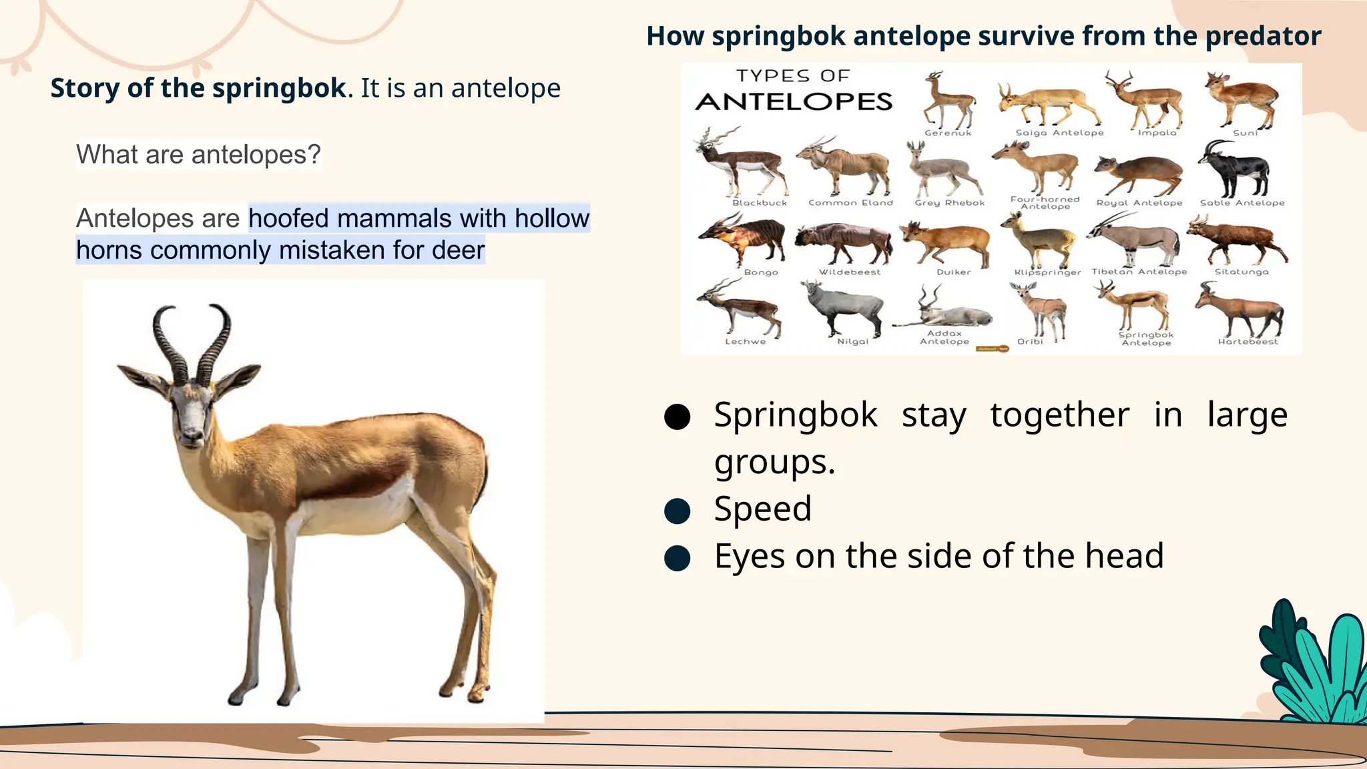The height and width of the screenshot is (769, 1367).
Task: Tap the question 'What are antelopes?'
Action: tap(198, 154)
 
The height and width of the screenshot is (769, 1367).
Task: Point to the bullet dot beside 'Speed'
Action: tap(677, 511)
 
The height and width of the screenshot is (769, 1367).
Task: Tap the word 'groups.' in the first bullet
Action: tap(774, 462)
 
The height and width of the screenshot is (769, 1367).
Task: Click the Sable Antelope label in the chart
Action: tap(1242, 203)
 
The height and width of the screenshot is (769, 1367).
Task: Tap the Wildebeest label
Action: tap(850, 272)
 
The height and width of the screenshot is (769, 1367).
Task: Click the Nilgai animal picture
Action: tap(844, 307)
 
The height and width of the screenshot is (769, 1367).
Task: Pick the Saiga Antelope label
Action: tap(1059, 133)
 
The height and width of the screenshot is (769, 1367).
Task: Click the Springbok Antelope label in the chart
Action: tap(1145, 338)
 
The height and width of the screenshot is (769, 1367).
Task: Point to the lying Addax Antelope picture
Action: tap(944, 311)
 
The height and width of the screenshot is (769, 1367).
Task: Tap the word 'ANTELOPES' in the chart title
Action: tap(794, 101)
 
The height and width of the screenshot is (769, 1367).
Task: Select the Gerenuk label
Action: tap(948, 133)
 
